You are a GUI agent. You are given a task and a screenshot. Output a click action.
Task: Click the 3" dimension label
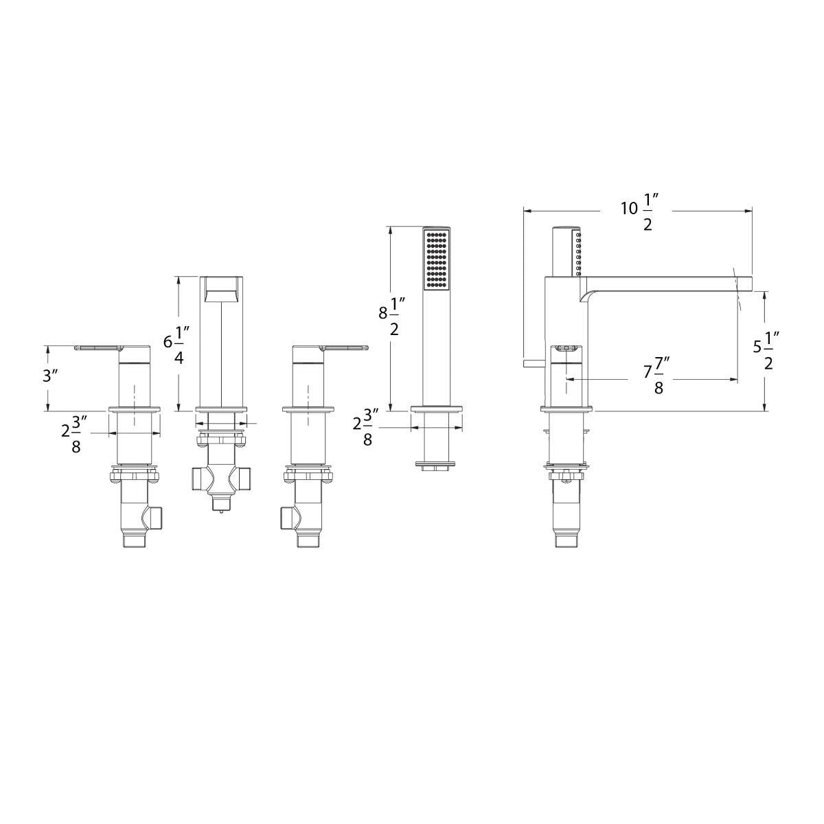(x=50, y=376)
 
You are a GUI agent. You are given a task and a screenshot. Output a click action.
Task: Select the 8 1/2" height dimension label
(x=391, y=316)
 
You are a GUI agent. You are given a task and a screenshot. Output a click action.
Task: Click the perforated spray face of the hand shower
(x=436, y=260)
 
